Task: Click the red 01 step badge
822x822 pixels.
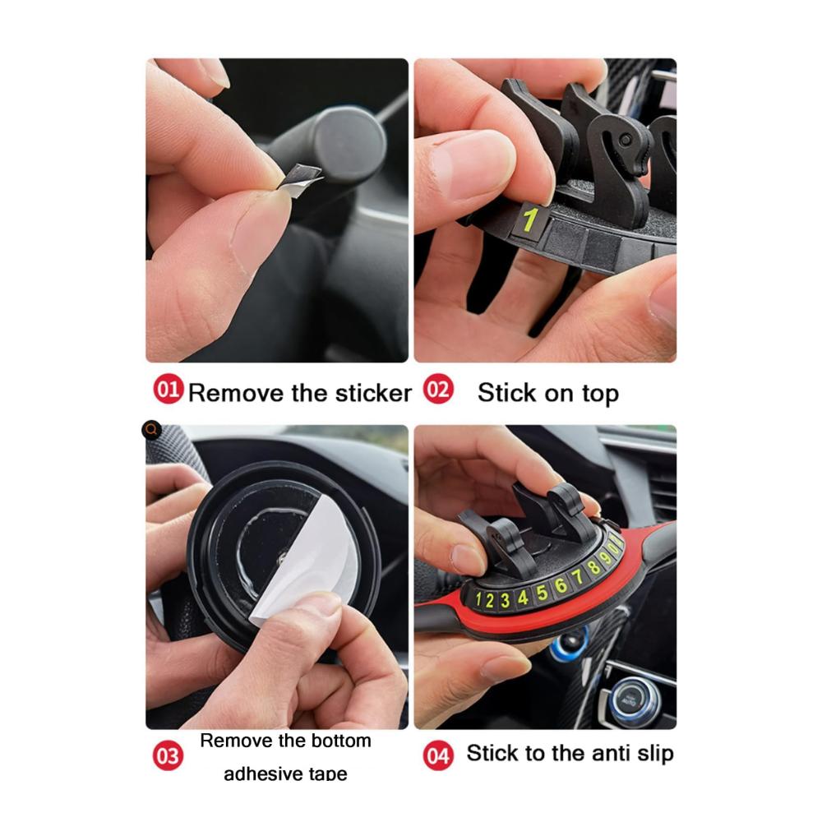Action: pyautogui.click(x=168, y=389)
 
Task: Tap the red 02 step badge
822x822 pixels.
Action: pyautogui.click(x=438, y=389)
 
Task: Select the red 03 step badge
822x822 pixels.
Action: pyautogui.click(x=168, y=755)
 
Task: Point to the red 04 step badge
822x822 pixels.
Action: pyautogui.click(x=438, y=755)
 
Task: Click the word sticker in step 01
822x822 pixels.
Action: pyautogui.click(x=373, y=393)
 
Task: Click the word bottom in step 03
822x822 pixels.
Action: pyautogui.click(x=341, y=741)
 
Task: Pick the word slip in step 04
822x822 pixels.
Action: pyautogui.click(x=655, y=754)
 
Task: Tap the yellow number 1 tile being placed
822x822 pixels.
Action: pyautogui.click(x=529, y=220)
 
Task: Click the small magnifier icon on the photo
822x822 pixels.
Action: pyautogui.click(x=151, y=430)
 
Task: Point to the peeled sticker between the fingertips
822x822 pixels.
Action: pyautogui.click(x=299, y=178)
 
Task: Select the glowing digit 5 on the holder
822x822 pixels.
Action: pyautogui.click(x=542, y=593)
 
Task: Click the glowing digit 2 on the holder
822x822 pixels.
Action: pyautogui.click(x=489, y=600)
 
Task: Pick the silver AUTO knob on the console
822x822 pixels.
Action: pyautogui.click(x=630, y=701)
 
